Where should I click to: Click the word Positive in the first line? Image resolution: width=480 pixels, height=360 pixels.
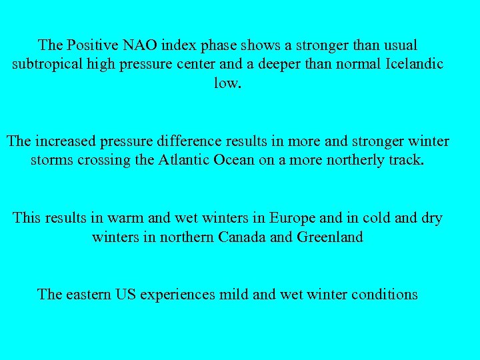89,46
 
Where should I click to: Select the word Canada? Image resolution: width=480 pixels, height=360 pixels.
244,237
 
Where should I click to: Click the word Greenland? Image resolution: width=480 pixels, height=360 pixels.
329,237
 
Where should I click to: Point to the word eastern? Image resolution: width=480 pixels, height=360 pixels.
91,295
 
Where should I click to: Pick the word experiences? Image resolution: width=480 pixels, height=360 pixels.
178,295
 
